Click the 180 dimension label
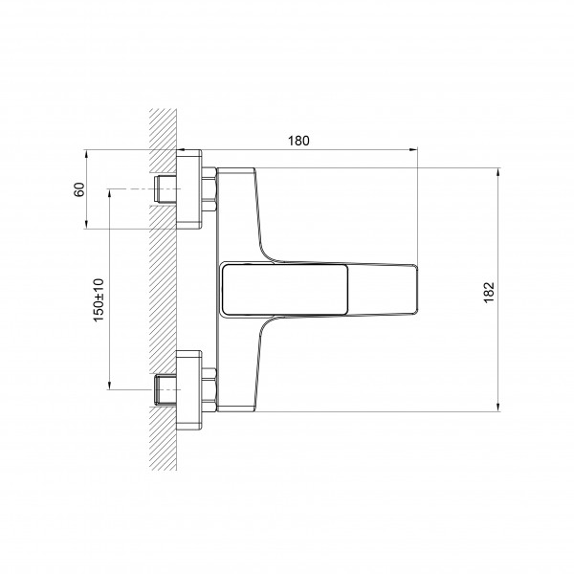(298, 141)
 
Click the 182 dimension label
(489, 293)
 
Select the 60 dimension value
(79, 189)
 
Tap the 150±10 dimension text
(99, 300)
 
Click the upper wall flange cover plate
(188, 189)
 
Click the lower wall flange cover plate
(188, 390)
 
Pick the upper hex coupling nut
(209, 189)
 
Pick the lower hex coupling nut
(209, 390)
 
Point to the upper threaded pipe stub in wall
(166, 188)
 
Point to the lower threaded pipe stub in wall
(166, 390)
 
